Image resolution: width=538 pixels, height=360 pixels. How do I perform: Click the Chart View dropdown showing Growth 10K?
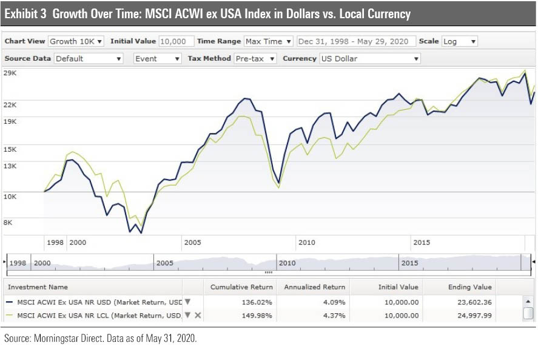pos(76,41)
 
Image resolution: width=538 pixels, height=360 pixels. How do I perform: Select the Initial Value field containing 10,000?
pos(176,41)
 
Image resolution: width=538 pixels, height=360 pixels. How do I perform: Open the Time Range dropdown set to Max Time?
pos(268,41)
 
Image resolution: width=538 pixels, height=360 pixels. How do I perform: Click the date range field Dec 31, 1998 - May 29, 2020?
pos(356,41)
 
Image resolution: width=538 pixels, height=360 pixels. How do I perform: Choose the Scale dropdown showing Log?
pos(459,41)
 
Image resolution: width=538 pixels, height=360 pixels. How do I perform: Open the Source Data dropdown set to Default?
pos(89,58)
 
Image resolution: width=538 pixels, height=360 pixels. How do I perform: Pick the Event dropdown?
pos(157,58)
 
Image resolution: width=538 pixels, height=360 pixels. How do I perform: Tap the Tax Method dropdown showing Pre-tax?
pos(255,58)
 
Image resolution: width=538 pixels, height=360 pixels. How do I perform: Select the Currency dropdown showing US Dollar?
pos(370,58)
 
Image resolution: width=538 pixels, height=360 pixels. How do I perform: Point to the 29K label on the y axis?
pos(10,73)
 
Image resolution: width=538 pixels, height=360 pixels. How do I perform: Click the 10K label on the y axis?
pos(10,195)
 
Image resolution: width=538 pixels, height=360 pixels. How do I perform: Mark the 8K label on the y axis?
pos(8,222)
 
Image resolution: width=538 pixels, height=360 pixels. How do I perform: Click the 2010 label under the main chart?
pos(306,242)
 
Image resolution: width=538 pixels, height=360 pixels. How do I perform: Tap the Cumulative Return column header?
pos(241,287)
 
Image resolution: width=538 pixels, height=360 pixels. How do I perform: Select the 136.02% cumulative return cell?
pos(258,301)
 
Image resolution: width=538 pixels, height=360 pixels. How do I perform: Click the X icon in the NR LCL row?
pos(198,315)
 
